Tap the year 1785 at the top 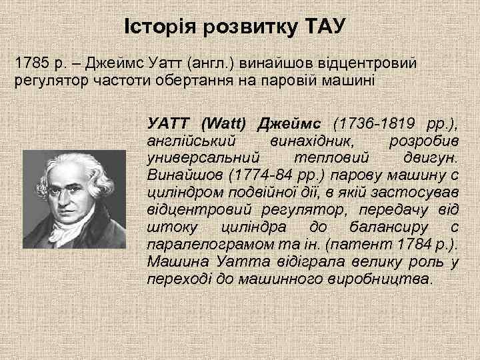pyautogui.click(x=31, y=65)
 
